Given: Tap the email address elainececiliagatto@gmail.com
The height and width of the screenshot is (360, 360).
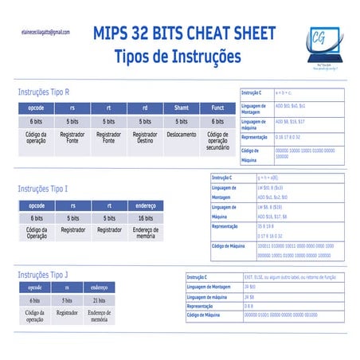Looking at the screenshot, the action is click(x=45, y=33).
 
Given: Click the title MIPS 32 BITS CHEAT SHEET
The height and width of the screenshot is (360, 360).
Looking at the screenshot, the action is click(x=184, y=33).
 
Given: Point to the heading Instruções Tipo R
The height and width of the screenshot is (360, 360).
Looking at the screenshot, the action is click(x=49, y=92).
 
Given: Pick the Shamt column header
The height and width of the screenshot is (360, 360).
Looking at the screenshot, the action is click(x=181, y=108).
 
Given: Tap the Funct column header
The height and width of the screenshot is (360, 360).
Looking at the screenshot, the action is click(x=217, y=108).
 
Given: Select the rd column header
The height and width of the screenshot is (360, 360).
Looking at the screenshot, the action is click(x=145, y=108).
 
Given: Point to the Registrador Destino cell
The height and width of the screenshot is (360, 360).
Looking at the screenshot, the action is click(x=145, y=139).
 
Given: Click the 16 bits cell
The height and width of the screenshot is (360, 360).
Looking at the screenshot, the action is click(x=146, y=217).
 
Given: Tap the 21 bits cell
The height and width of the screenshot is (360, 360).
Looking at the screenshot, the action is click(x=99, y=300).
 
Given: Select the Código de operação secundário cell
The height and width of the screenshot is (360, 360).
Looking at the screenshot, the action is click(x=217, y=143).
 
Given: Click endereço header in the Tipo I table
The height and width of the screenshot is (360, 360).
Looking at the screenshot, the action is click(x=146, y=205).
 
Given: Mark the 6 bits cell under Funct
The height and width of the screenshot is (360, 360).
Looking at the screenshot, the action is click(x=217, y=121).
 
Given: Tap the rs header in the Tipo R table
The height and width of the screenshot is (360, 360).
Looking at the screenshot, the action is click(x=72, y=108).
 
